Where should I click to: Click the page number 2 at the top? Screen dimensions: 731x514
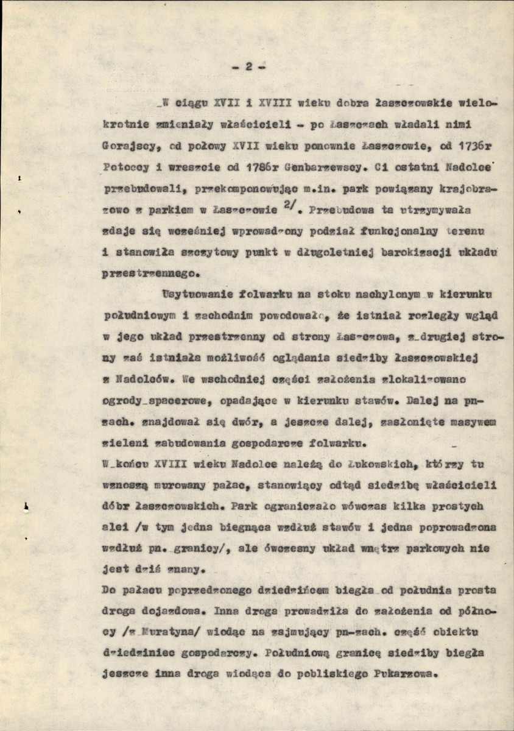click(x=248, y=68)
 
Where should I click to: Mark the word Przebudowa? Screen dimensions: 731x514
click(x=339, y=210)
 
